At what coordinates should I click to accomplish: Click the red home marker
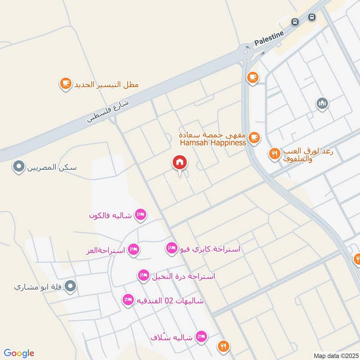180,163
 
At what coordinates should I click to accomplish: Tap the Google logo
19,353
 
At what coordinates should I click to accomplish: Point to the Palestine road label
269,38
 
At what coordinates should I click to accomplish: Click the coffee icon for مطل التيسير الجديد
66,83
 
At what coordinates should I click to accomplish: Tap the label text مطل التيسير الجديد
106,84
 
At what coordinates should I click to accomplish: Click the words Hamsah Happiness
212,143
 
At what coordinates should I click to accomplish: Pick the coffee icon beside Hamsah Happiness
254,137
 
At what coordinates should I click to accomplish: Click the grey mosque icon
322,104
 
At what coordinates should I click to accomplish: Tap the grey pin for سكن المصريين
18,168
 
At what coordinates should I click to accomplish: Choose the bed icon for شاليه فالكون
140,215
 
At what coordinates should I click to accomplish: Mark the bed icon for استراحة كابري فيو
171,248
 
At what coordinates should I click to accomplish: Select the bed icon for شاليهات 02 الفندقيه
128,300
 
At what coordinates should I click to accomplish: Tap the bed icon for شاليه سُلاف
202,336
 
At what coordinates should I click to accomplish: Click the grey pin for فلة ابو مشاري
70,286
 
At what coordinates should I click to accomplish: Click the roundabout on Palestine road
246,50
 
